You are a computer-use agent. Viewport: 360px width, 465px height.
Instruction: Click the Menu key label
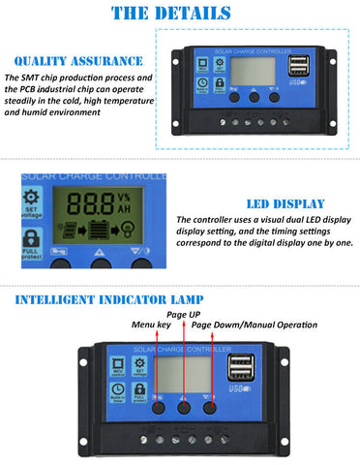coord(150,325)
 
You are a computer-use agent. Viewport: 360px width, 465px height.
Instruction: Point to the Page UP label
coord(184,315)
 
